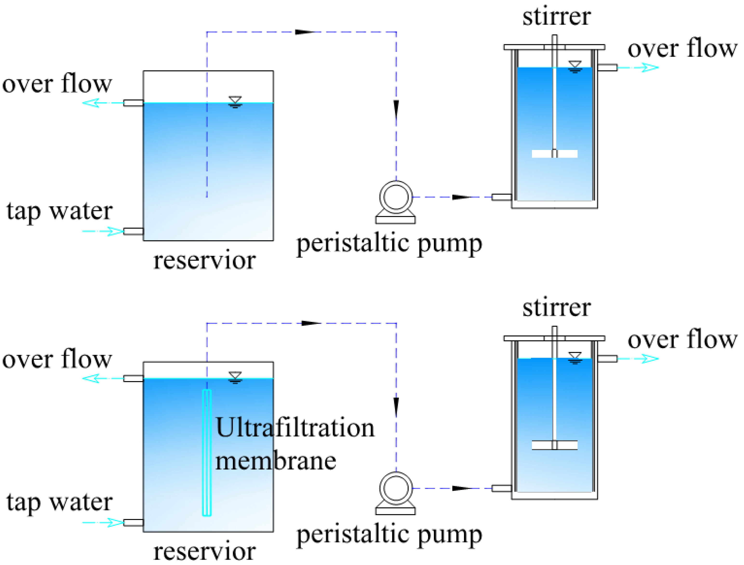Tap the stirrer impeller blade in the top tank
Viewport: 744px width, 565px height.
(x=555, y=154)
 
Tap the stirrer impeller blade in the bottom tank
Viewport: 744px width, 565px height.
(x=555, y=445)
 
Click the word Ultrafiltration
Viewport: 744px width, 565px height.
(x=295, y=428)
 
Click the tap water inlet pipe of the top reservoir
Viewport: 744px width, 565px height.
(x=133, y=231)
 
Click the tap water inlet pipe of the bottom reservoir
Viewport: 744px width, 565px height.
(x=133, y=523)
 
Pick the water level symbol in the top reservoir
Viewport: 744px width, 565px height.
(x=235, y=102)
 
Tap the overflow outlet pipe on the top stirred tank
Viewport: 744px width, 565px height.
(x=607, y=68)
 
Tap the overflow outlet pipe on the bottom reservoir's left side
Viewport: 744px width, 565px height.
(x=133, y=379)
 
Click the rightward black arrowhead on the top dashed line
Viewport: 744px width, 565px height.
(x=305, y=32)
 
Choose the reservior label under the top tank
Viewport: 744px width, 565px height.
(x=204, y=261)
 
